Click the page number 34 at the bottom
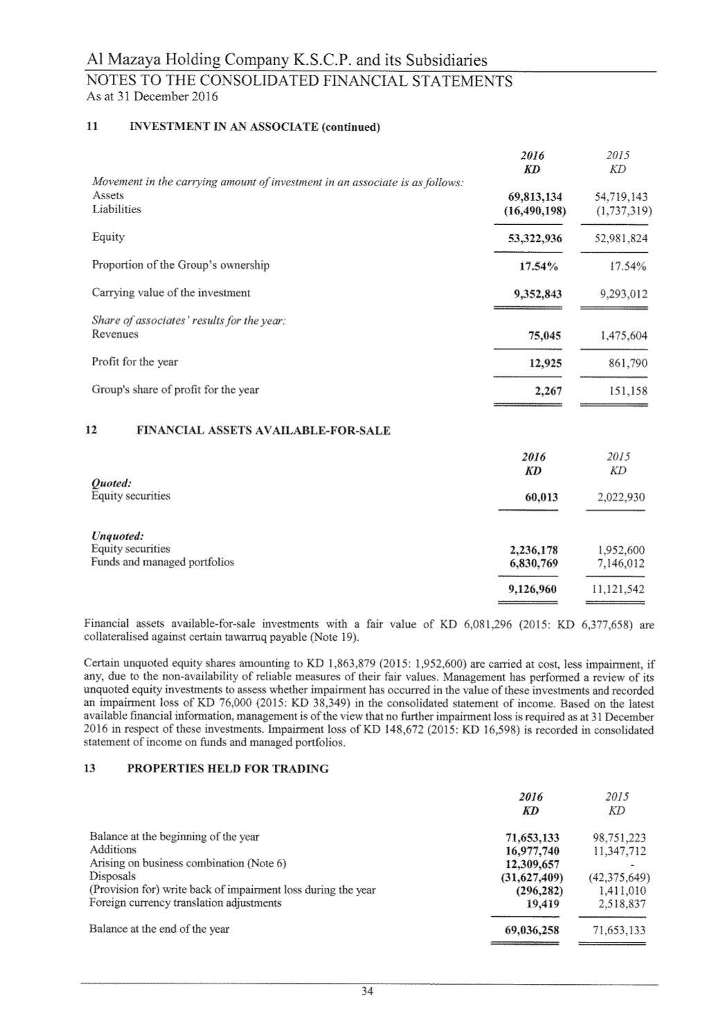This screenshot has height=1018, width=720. (367, 992)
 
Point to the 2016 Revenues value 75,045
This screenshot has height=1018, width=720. (544, 336)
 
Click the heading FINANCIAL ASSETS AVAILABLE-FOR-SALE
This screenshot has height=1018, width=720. (263, 430)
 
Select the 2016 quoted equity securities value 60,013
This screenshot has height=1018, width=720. (542, 497)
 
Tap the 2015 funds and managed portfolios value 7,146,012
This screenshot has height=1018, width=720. (621, 563)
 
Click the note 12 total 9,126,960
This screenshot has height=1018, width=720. (532, 590)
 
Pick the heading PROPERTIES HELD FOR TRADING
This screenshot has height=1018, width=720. (228, 769)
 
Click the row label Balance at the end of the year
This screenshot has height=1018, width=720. (159, 929)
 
